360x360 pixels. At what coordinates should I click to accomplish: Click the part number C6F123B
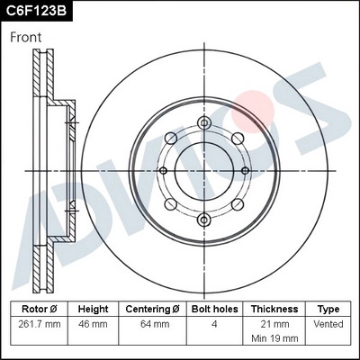tap(37, 12)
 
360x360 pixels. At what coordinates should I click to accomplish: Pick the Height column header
tap(93, 308)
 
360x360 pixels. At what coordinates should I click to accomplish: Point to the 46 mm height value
tap(93, 324)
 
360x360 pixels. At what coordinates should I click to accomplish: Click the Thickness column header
tap(275, 308)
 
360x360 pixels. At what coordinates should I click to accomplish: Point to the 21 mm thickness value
tap(275, 324)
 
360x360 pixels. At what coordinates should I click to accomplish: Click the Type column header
tap(329, 308)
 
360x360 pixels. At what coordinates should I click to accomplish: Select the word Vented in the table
tap(329, 324)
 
